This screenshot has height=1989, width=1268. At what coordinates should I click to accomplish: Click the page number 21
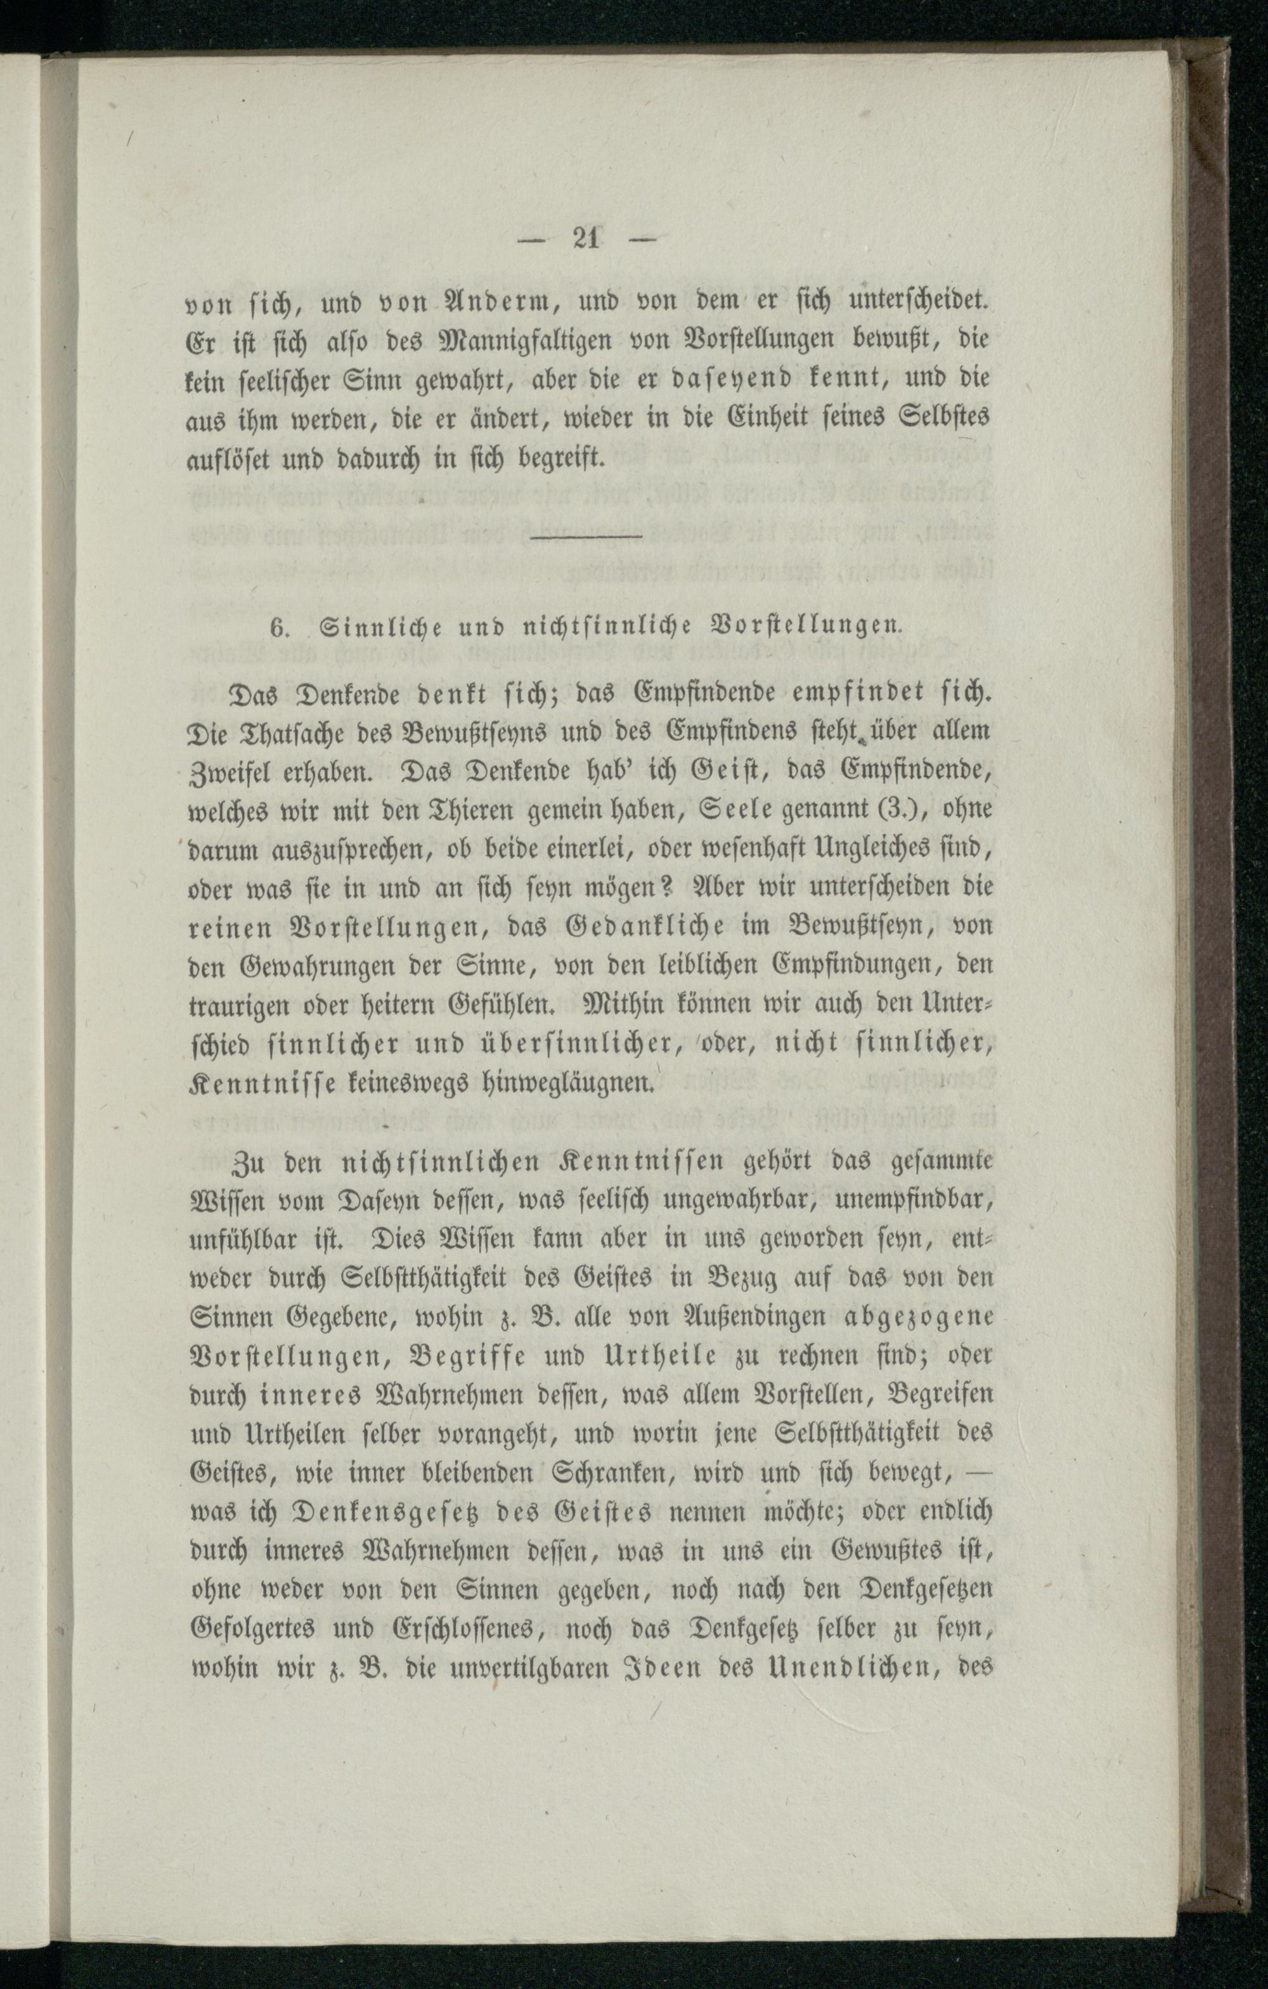[x=585, y=240]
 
